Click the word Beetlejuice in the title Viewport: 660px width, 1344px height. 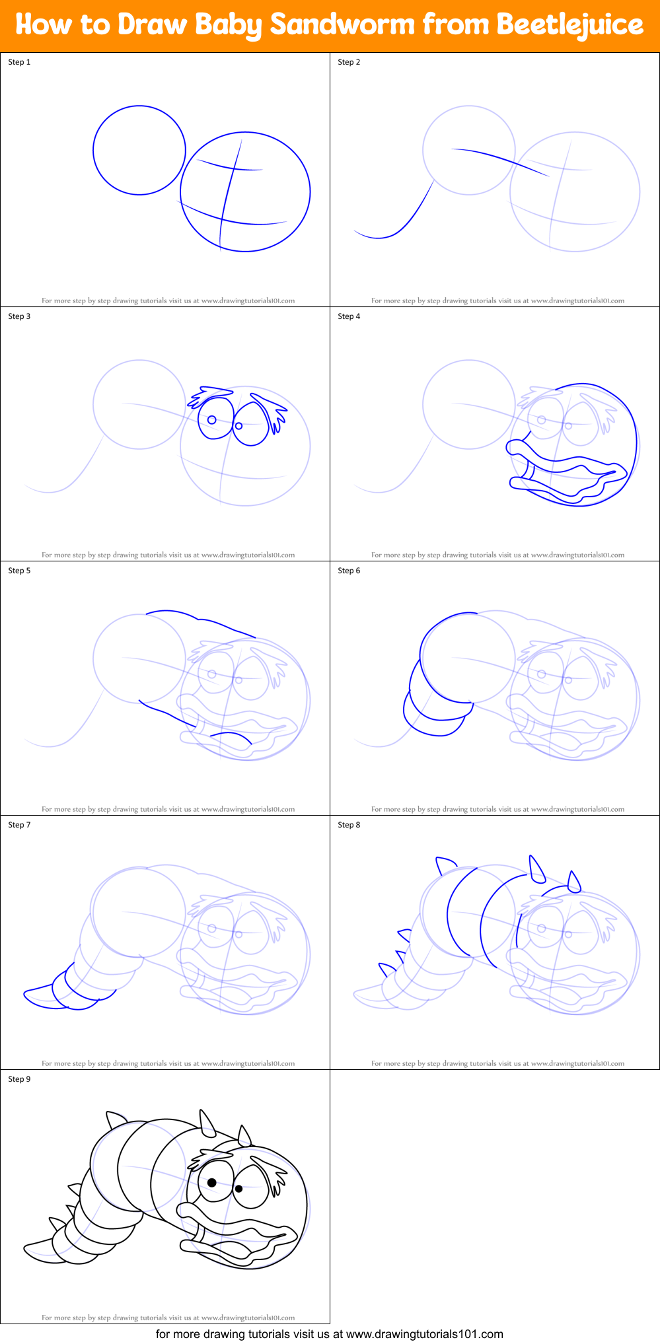(569, 24)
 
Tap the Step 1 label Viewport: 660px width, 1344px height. (19, 62)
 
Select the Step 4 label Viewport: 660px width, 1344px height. (349, 316)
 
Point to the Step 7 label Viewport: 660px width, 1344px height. (19, 825)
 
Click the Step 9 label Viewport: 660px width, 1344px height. (19, 1079)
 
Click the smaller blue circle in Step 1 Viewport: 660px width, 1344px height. (139, 106)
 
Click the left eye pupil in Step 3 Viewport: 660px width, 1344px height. (212, 419)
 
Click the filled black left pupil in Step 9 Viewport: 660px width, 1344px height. (212, 1182)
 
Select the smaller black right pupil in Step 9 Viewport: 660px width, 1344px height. (238, 1188)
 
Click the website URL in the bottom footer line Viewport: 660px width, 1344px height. (424, 1334)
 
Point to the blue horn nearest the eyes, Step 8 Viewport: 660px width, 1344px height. (574, 882)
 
